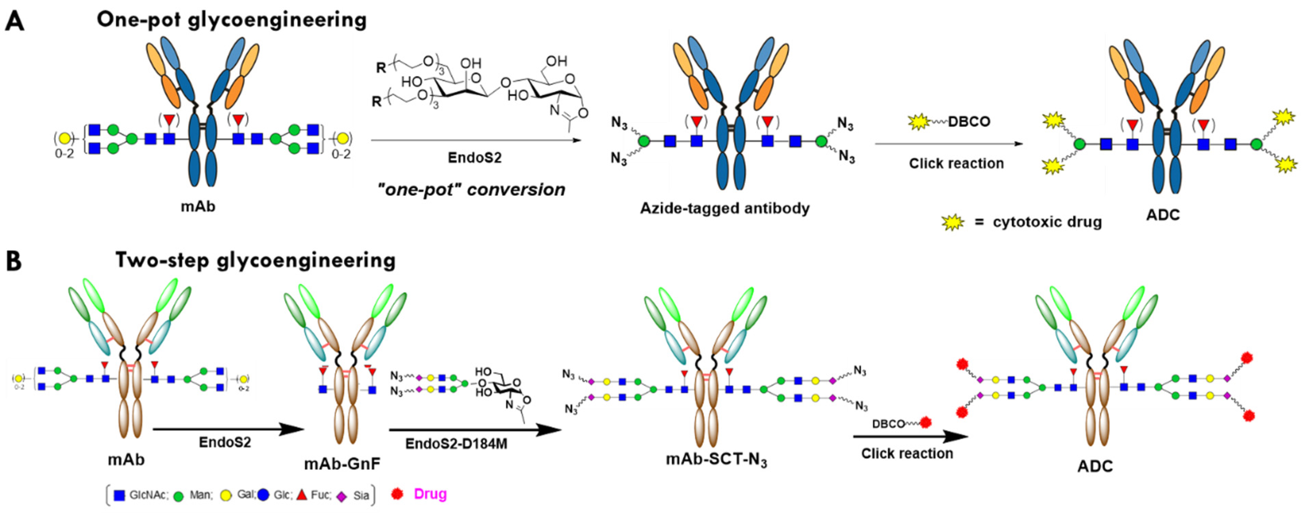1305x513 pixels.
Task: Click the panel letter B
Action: click(x=14, y=262)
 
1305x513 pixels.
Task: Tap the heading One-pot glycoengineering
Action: click(x=232, y=20)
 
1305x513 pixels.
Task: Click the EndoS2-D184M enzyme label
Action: click(x=456, y=444)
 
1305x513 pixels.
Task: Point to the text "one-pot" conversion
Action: click(x=471, y=190)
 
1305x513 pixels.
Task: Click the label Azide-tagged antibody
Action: click(x=725, y=208)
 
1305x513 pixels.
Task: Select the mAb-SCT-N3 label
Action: click(x=716, y=460)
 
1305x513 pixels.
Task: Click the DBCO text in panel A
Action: click(x=969, y=122)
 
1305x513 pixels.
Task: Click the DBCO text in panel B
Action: click(x=888, y=424)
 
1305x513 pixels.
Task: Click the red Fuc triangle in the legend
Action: click(x=301, y=495)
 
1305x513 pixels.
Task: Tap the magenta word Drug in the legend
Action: click(x=430, y=494)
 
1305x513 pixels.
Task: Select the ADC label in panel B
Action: click(x=1095, y=466)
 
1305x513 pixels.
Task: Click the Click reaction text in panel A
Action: click(x=956, y=164)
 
